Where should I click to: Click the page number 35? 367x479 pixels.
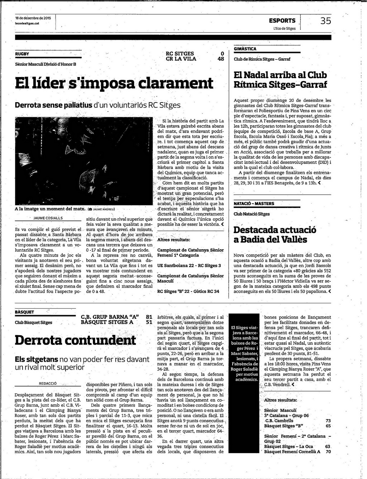pyautogui.click(x=325, y=21)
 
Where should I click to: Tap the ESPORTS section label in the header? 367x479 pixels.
pyautogui.click(x=282, y=21)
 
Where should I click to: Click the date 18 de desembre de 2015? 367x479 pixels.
pyautogui.click(x=33, y=18)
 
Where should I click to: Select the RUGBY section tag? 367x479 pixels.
pyautogui.click(x=22, y=54)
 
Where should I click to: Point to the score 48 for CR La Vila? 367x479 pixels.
pyautogui.click(x=221, y=59)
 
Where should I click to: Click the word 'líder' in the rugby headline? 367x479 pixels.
pyautogui.click(x=48, y=83)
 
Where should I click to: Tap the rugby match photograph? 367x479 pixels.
pyautogui.click(x=84, y=161)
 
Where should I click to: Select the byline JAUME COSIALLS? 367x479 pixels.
pyautogui.click(x=48, y=218)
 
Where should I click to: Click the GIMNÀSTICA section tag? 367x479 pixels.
pyautogui.click(x=245, y=49)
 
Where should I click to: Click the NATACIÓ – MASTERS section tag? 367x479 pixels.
pyautogui.click(x=254, y=204)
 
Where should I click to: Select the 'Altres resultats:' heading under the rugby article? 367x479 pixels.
pyautogui.click(x=174, y=239)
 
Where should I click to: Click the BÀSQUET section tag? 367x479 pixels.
pyautogui.click(x=24, y=312)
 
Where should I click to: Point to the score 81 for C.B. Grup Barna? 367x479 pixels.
pyautogui.click(x=149, y=317)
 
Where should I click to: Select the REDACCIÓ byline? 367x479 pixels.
pyautogui.click(x=48, y=383)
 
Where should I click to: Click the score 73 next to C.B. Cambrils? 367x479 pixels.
pyautogui.click(x=328, y=421)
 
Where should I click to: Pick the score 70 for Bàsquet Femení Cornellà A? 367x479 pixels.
pyautogui.click(x=327, y=452)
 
